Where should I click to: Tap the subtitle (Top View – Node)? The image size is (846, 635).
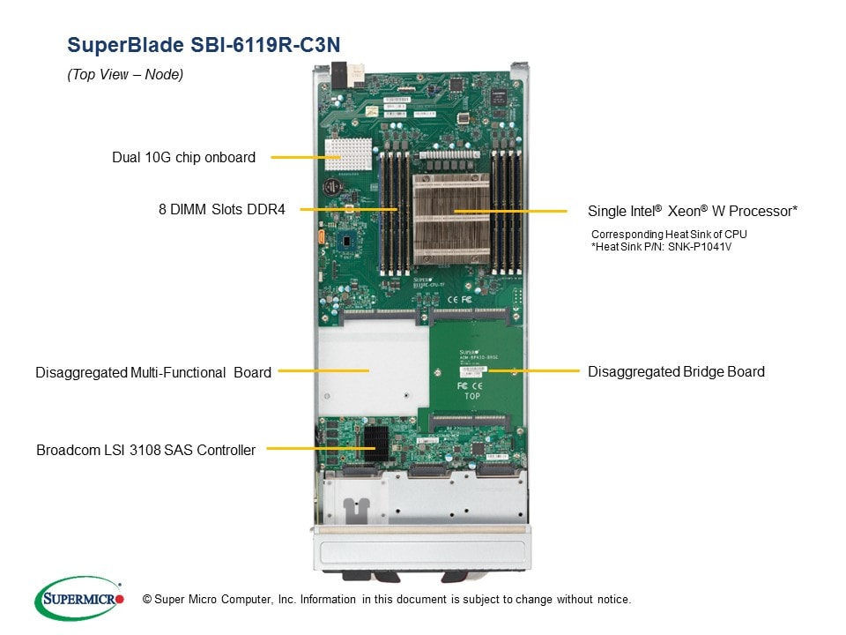pos(125,75)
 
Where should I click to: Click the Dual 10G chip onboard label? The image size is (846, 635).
pos(183,158)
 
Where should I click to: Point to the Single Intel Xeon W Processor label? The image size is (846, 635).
pos(692,211)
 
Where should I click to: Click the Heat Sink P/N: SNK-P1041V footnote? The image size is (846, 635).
pos(662,247)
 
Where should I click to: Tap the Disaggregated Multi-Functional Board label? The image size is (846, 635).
pos(153,372)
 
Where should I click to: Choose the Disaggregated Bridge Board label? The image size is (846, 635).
pos(676,371)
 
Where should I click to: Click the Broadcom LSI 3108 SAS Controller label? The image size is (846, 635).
pos(145,450)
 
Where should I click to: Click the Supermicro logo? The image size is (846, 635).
pos(78,598)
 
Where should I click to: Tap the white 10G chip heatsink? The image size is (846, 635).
pos(345,155)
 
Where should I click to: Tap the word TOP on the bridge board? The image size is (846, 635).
pos(472,396)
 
